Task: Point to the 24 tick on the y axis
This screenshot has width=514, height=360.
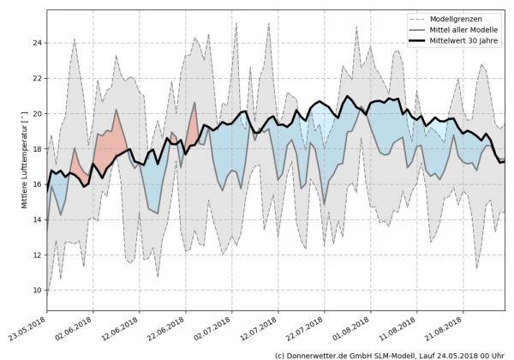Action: coord(36,42)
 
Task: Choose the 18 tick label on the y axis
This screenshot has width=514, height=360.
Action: coord(36,148)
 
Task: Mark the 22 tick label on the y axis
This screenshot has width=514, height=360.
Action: coord(36,78)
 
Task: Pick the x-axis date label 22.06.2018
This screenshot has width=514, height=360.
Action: coord(169,330)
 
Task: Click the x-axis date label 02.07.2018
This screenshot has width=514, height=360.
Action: coord(214,330)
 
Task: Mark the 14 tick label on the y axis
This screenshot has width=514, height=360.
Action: coord(36,219)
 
